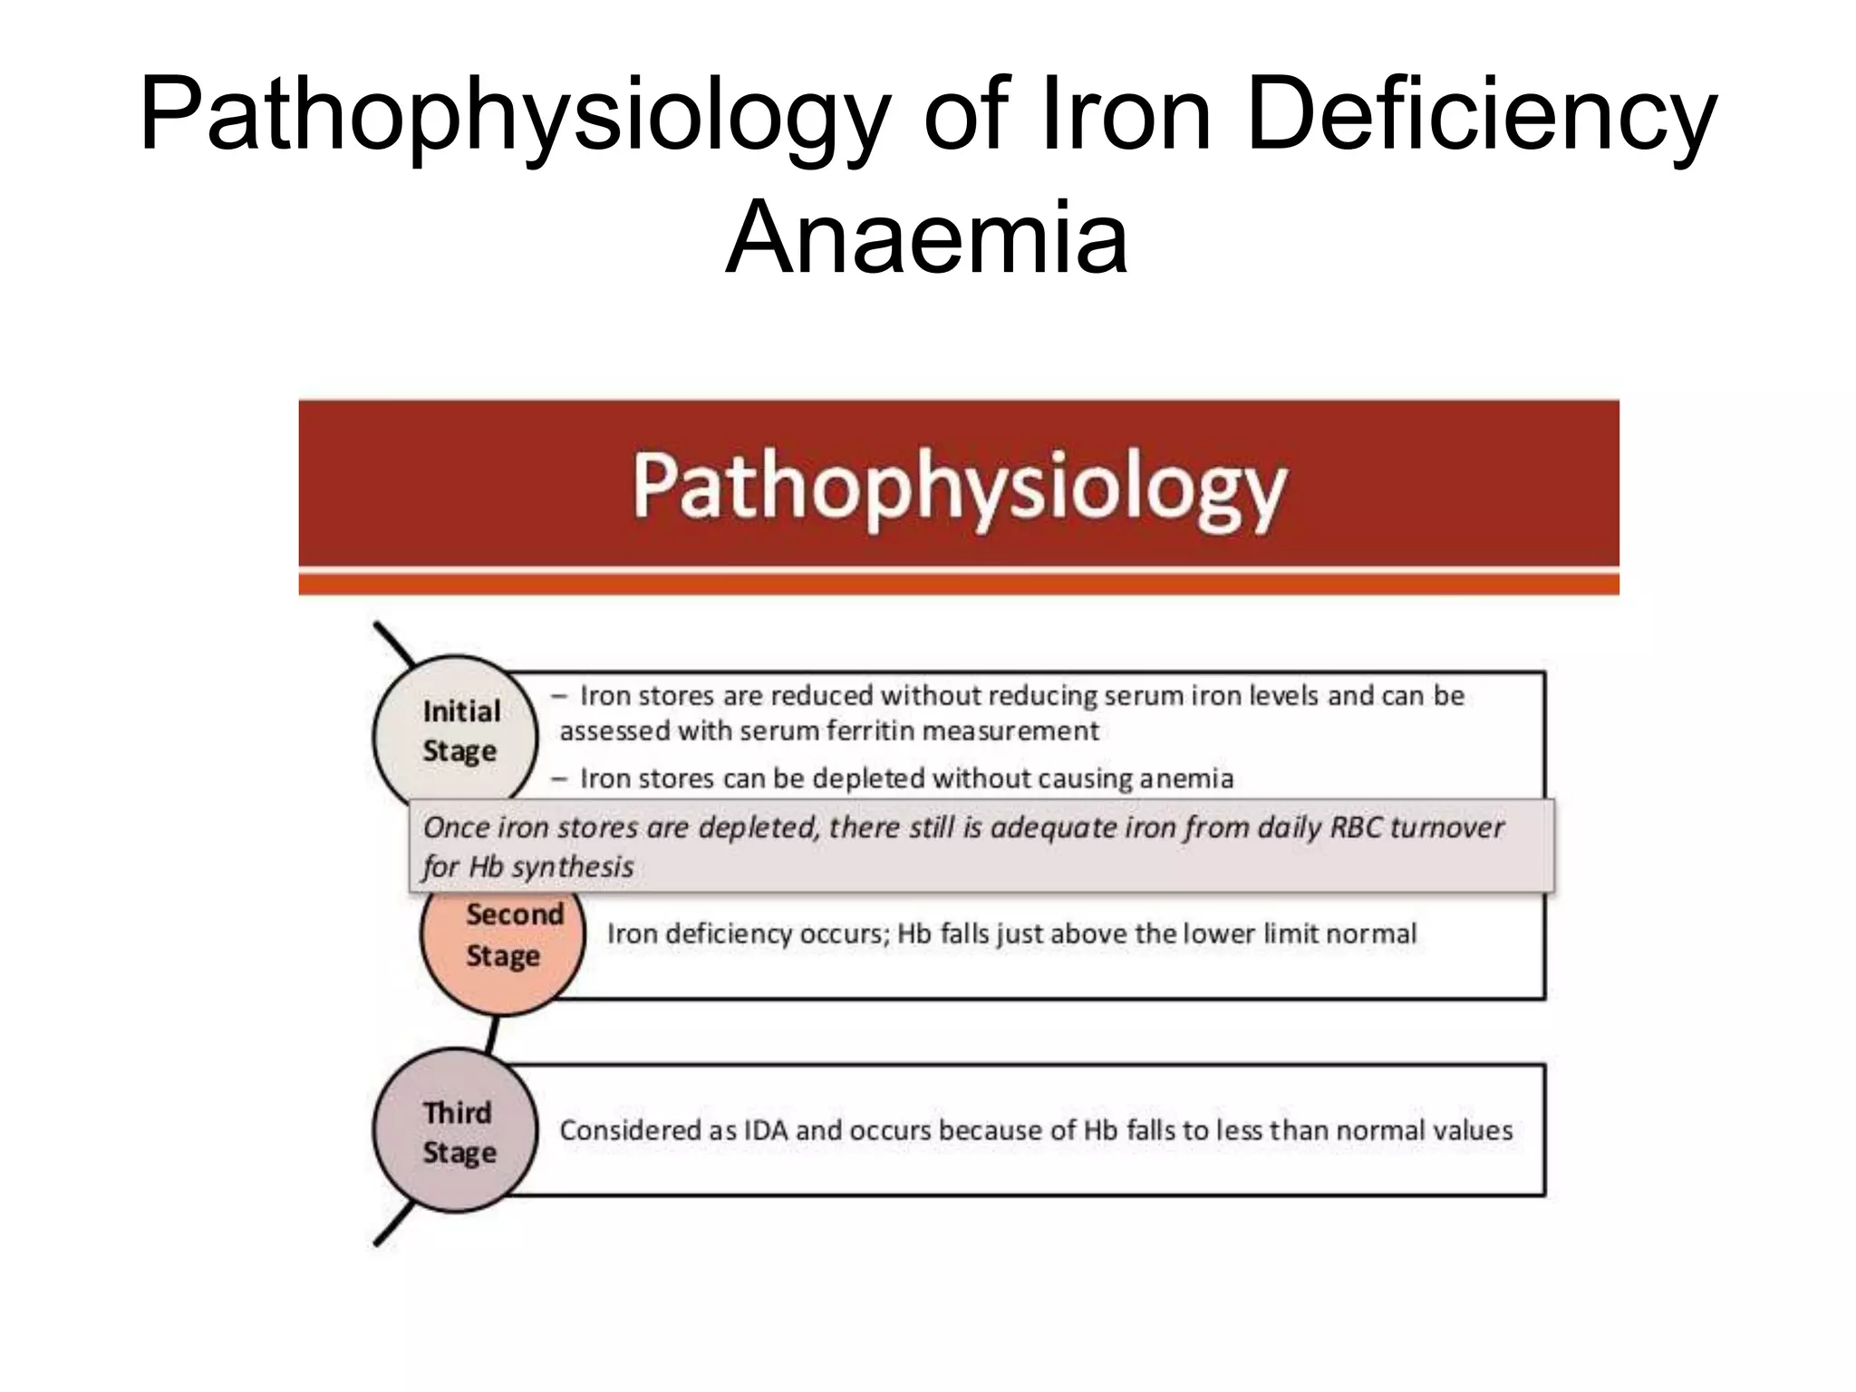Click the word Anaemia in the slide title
[x=926, y=237]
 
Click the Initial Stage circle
[x=456, y=732]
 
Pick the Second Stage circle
[x=503, y=947]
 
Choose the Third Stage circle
[x=456, y=1131]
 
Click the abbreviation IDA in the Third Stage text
[x=767, y=1131]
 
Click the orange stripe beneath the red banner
[x=959, y=585]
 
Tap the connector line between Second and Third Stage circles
[x=491, y=1033]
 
